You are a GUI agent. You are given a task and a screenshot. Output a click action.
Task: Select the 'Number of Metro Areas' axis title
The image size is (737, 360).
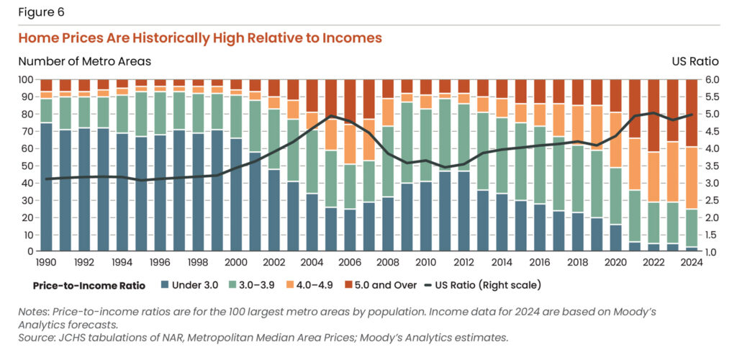tap(84, 62)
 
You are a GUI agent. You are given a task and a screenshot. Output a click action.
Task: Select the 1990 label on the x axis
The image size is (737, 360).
tap(46, 262)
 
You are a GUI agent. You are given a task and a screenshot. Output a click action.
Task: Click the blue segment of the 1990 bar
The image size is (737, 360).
tap(46, 187)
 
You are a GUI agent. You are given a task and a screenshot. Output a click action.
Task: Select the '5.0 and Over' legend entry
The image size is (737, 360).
tap(386, 285)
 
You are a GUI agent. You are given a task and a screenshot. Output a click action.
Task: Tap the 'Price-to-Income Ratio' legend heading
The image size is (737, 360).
tap(89, 285)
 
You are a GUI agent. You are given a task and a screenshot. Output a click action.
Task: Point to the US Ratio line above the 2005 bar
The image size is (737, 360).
tap(331, 116)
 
